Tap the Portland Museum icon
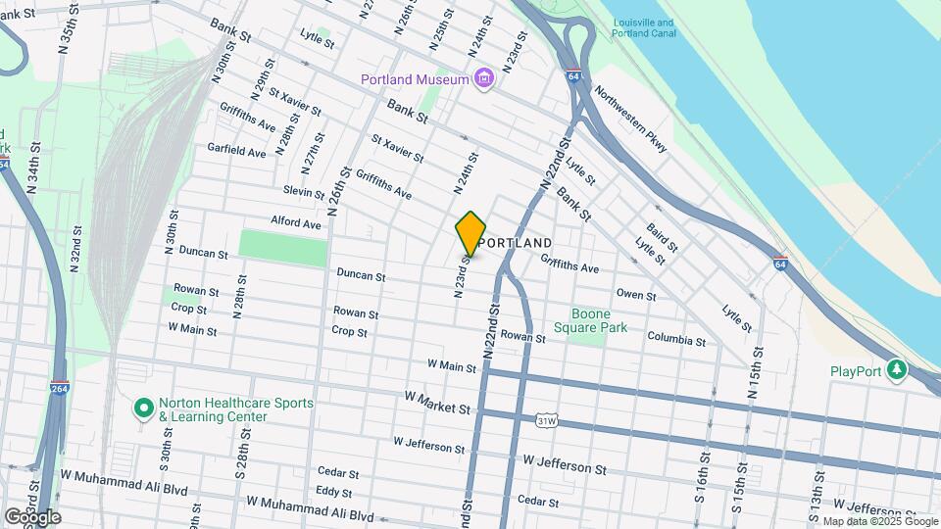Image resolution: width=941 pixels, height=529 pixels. (x=482, y=78)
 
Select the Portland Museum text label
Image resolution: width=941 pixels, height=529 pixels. (x=415, y=79)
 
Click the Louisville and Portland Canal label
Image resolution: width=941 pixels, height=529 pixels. (x=643, y=28)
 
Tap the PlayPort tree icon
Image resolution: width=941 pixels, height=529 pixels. (x=895, y=370)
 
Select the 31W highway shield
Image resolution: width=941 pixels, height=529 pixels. (x=546, y=421)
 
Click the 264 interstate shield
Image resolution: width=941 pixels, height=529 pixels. (x=60, y=388)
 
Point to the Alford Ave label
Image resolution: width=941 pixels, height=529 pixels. (x=297, y=224)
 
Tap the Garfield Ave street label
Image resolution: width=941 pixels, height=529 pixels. (x=236, y=153)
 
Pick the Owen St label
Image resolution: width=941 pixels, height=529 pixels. (x=635, y=294)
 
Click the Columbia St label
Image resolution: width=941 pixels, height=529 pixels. (x=675, y=341)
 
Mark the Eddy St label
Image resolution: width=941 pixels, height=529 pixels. (x=333, y=492)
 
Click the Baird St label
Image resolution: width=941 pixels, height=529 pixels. (x=663, y=238)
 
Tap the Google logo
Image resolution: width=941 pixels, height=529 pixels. (x=32, y=516)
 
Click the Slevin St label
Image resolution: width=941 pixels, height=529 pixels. (x=303, y=191)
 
